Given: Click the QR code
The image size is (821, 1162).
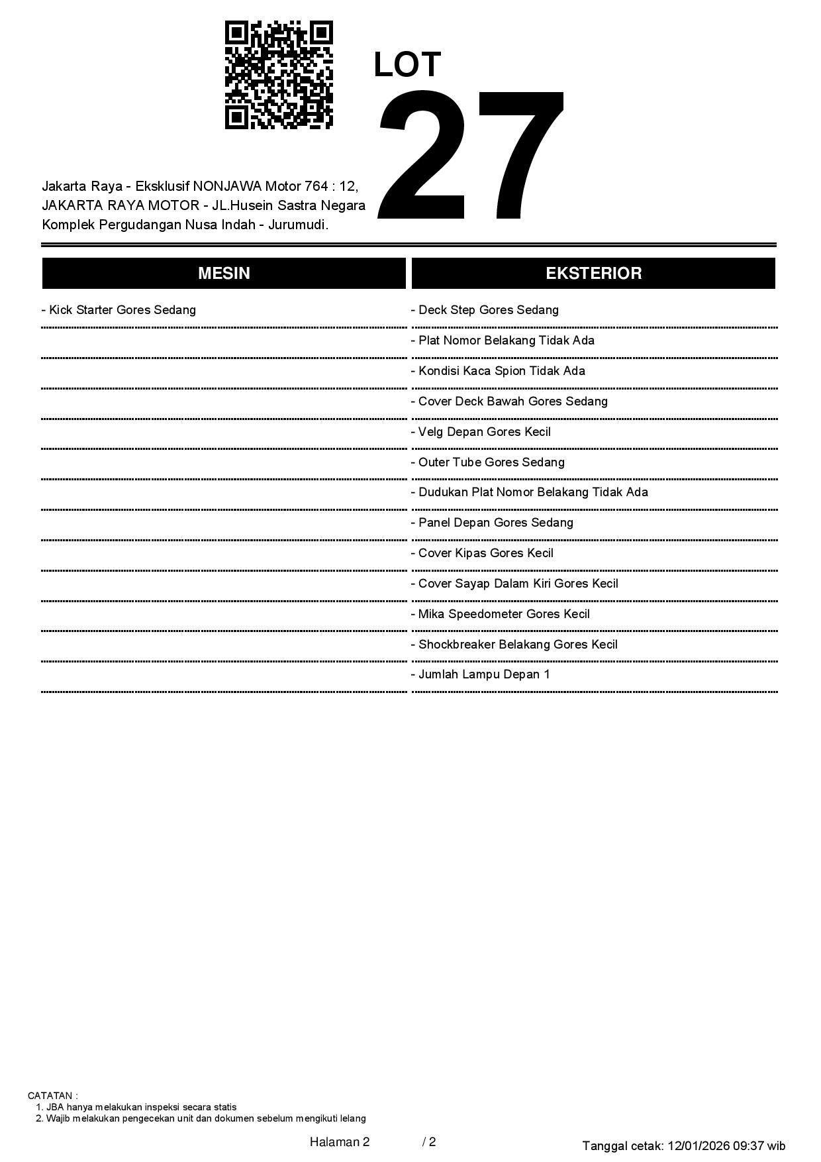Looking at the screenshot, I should coord(279,75).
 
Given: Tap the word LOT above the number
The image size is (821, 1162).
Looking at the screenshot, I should coord(407,65).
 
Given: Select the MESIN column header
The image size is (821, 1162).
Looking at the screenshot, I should coord(224,274).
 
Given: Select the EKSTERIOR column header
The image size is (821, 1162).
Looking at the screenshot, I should coord(593,274).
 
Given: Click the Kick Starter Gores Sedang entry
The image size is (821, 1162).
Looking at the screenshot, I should coord(119,310).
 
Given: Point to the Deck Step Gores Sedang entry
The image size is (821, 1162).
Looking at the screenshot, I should coord(485,310).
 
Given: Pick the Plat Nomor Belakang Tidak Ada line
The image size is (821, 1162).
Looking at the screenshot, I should coord(503,341).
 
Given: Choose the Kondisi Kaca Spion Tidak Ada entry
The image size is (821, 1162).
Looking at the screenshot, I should coord(499,371).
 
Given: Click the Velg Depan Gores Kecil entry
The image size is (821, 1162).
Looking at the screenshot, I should coord(481,432).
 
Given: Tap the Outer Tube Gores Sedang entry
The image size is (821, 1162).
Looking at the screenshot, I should coord(488,462).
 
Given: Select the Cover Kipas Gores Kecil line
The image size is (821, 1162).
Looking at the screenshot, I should coord(483,553).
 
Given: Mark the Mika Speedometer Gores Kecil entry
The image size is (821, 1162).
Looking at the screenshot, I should coord(501,614).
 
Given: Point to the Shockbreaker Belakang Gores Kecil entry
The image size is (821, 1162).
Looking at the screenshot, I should coord(514,645).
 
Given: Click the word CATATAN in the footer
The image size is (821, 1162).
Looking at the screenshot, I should coord(51,1096).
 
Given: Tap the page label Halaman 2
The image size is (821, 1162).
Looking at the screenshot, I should coord(340,1141).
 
